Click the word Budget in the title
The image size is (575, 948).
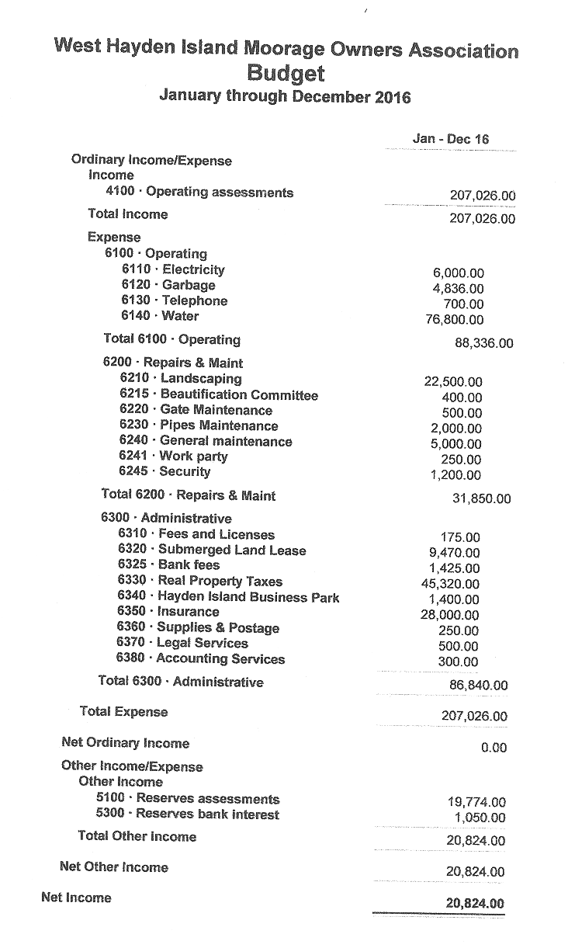click(x=286, y=74)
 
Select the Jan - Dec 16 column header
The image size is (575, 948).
click(x=451, y=139)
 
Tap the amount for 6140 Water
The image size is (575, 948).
click(x=454, y=320)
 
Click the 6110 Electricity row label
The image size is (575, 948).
click(x=173, y=269)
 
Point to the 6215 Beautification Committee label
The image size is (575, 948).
click(x=219, y=394)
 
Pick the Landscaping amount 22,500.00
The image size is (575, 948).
click(x=453, y=381)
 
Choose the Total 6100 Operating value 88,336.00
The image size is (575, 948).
click(x=483, y=342)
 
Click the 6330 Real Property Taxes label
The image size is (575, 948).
click(x=200, y=581)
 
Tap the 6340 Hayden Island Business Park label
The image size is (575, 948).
click(x=228, y=596)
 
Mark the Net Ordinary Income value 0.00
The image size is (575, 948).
click(x=493, y=748)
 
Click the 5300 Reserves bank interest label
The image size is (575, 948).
click(x=187, y=814)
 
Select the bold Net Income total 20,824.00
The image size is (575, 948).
click(x=475, y=903)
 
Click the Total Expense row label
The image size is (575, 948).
click(x=123, y=711)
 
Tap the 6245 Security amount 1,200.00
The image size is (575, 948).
click(x=455, y=475)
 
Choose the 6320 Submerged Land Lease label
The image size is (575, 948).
click(x=212, y=550)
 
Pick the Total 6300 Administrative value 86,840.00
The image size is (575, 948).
click(x=479, y=686)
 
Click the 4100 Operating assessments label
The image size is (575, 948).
click(x=199, y=192)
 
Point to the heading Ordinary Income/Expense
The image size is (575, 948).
click(x=151, y=160)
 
